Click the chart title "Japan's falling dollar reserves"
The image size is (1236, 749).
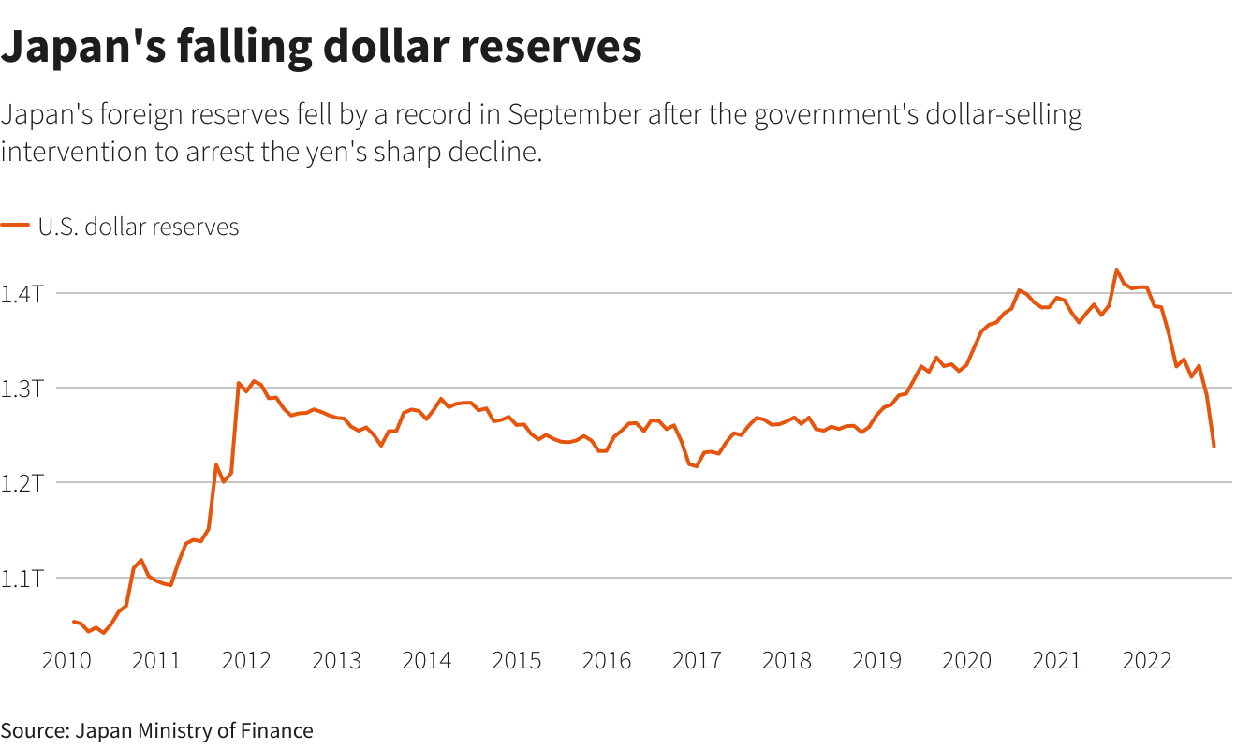pyautogui.click(x=321, y=47)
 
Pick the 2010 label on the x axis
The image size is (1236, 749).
pyautogui.click(x=66, y=661)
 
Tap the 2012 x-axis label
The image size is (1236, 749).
pyautogui.click(x=246, y=661)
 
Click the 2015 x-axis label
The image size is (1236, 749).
pyautogui.click(x=516, y=661)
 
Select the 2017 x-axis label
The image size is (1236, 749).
pyautogui.click(x=697, y=661)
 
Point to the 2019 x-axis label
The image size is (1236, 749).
pyautogui.click(x=876, y=661)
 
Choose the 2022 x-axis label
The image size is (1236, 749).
pyautogui.click(x=1146, y=661)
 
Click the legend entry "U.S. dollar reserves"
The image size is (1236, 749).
pyautogui.click(x=139, y=227)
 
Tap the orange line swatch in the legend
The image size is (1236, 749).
pyautogui.click(x=14, y=226)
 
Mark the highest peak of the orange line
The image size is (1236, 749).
pyautogui.click(x=1116, y=270)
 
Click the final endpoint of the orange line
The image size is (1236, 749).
pyautogui.click(x=1214, y=447)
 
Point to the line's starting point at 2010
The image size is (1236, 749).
pyautogui.click(x=73, y=621)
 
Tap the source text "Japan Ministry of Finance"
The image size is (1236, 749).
pyautogui.click(x=194, y=730)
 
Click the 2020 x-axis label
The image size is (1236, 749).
pyautogui.click(x=966, y=661)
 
